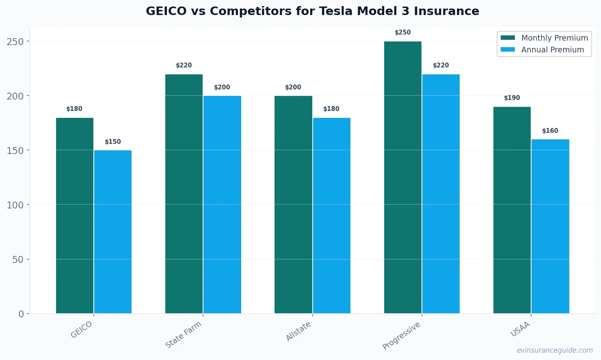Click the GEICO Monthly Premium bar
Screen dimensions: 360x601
(x=75, y=215)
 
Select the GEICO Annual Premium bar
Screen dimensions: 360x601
(x=113, y=232)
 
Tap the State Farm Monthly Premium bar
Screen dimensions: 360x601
(x=184, y=194)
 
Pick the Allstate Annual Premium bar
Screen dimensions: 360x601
(x=331, y=215)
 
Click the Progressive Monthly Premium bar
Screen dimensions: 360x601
(x=402, y=177)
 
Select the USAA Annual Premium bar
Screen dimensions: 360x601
(x=550, y=226)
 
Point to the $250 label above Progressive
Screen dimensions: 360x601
(x=402, y=33)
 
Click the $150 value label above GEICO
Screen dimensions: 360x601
(x=113, y=142)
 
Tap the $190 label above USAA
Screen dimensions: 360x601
(x=512, y=98)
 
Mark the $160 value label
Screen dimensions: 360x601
(x=550, y=131)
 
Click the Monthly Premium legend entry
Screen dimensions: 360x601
(x=544, y=38)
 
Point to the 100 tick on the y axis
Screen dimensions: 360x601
(x=15, y=205)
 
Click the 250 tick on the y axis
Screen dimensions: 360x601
(x=15, y=41)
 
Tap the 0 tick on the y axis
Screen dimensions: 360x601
(x=21, y=314)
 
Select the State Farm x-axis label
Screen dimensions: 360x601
(x=184, y=334)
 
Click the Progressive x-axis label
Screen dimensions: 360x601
(x=401, y=336)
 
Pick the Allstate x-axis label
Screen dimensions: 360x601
(x=298, y=331)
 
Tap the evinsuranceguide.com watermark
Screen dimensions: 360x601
(x=555, y=350)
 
